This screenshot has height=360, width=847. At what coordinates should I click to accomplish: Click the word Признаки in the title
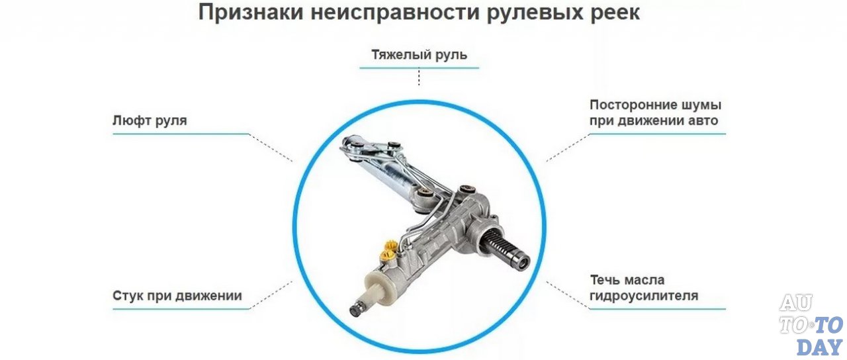249,13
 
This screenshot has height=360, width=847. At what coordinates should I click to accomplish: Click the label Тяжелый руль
419,54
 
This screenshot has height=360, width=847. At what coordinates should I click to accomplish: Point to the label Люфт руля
150,120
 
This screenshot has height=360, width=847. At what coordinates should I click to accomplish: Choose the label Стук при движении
177,296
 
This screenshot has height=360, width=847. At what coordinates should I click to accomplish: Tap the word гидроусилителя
644,296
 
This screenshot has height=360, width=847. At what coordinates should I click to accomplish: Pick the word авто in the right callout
701,121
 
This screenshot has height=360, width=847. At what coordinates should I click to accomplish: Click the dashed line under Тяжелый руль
419,77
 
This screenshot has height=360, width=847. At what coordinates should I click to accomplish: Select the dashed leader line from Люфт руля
271,148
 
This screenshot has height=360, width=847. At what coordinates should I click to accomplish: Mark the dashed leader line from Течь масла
568,294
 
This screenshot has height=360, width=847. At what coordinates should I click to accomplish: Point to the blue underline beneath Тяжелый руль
419,67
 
